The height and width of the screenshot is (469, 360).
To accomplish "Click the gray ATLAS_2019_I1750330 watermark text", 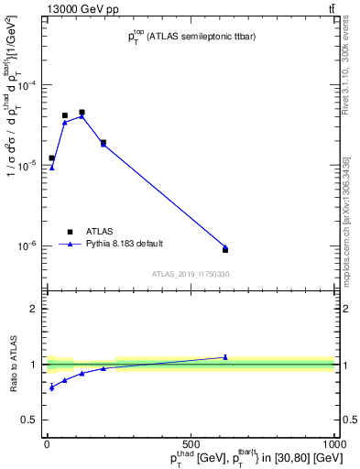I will tap(191, 274).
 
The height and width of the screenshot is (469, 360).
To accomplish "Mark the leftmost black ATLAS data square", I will tap(51, 158).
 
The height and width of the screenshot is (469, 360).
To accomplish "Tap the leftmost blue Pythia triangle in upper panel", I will tap(51, 167).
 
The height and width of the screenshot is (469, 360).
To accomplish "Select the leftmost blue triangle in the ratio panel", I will tap(51, 387).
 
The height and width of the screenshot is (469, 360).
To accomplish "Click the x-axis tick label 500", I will tap(191, 444).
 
